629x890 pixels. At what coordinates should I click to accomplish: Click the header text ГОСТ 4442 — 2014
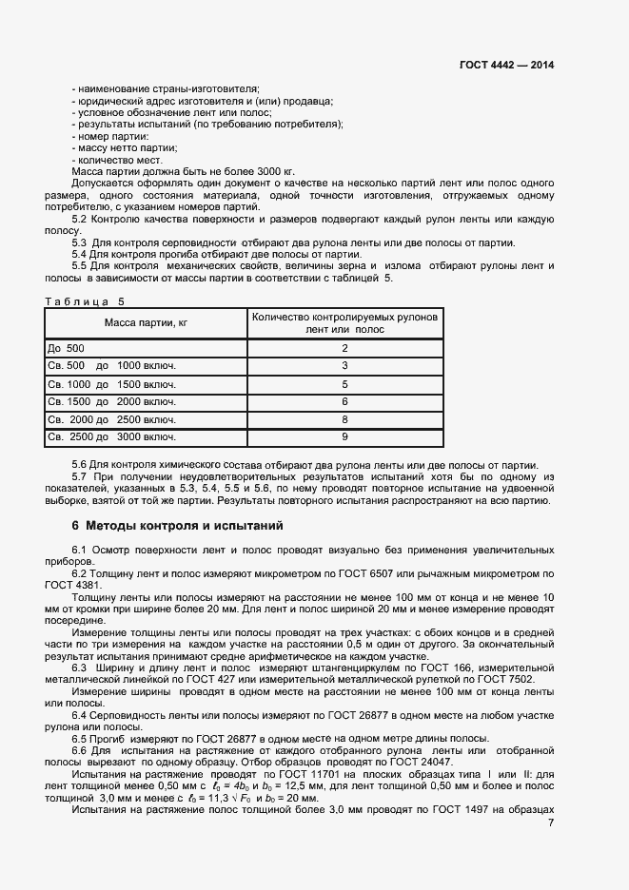(x=506, y=66)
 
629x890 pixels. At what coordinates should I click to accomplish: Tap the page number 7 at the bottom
(x=551, y=822)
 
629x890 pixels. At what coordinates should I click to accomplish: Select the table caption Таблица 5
(x=85, y=301)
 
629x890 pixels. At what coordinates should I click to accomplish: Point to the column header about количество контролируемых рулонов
(x=344, y=323)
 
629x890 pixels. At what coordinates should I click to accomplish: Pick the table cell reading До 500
(x=67, y=349)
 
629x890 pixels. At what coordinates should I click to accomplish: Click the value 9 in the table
(x=344, y=436)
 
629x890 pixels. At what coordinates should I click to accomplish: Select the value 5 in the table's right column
(x=344, y=384)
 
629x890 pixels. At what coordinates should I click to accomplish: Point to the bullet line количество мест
(x=110, y=160)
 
